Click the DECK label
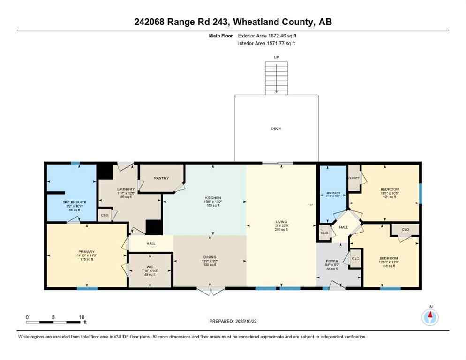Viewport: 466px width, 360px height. pos(276,128)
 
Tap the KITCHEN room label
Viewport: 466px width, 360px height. pos(212,198)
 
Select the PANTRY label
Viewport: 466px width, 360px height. pos(161,178)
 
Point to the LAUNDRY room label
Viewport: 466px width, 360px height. pos(126,189)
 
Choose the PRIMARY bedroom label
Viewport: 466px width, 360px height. pos(86,252)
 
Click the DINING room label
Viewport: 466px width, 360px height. pos(210,257)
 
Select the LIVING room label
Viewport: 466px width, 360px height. pos(281,222)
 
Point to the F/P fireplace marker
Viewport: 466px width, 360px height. pos(309,205)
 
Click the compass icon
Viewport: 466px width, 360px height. pos(430,317)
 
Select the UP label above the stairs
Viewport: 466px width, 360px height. pos(276,57)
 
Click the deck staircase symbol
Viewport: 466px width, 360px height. pos(276,77)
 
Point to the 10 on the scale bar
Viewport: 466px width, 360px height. pos(81,317)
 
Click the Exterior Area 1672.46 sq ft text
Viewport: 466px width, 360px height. pos(267,35)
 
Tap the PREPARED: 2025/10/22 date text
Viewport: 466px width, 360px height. pos(233,321)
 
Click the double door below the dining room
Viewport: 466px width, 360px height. pos(210,292)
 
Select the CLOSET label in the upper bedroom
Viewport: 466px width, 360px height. pos(353,178)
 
